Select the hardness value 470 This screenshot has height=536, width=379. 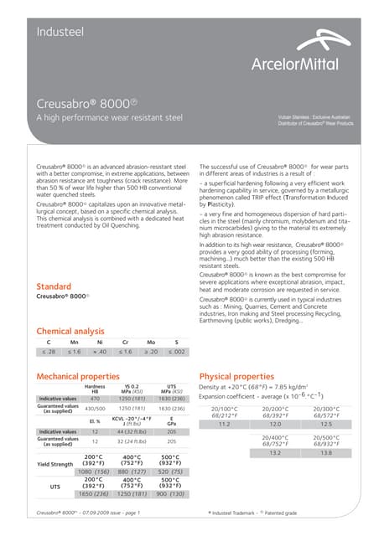(96, 399)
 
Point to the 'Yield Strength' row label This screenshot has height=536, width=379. (55, 463)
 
